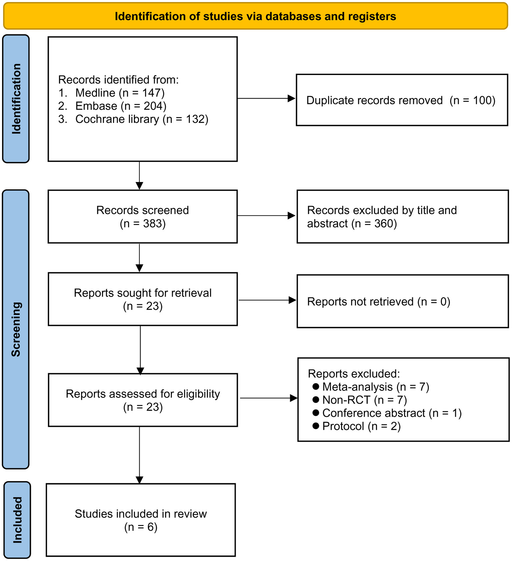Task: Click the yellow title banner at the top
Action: (255, 16)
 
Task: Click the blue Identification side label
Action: (16, 99)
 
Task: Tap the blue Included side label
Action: (17, 520)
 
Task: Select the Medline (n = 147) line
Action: (120, 93)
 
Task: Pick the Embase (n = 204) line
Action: (121, 106)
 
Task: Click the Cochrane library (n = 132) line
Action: (141, 119)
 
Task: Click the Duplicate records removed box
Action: (402, 100)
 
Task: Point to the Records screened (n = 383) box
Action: (142, 217)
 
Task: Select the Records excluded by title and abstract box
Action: (403, 217)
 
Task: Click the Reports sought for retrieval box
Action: (142, 299)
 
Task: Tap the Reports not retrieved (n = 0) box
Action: (403, 301)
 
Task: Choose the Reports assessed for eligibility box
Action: (142, 400)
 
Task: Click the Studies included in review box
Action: (140, 520)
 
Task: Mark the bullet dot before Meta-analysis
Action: (316, 387)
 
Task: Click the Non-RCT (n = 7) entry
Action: (364, 400)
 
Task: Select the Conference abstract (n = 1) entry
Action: (392, 413)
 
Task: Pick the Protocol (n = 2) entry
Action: (361, 426)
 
